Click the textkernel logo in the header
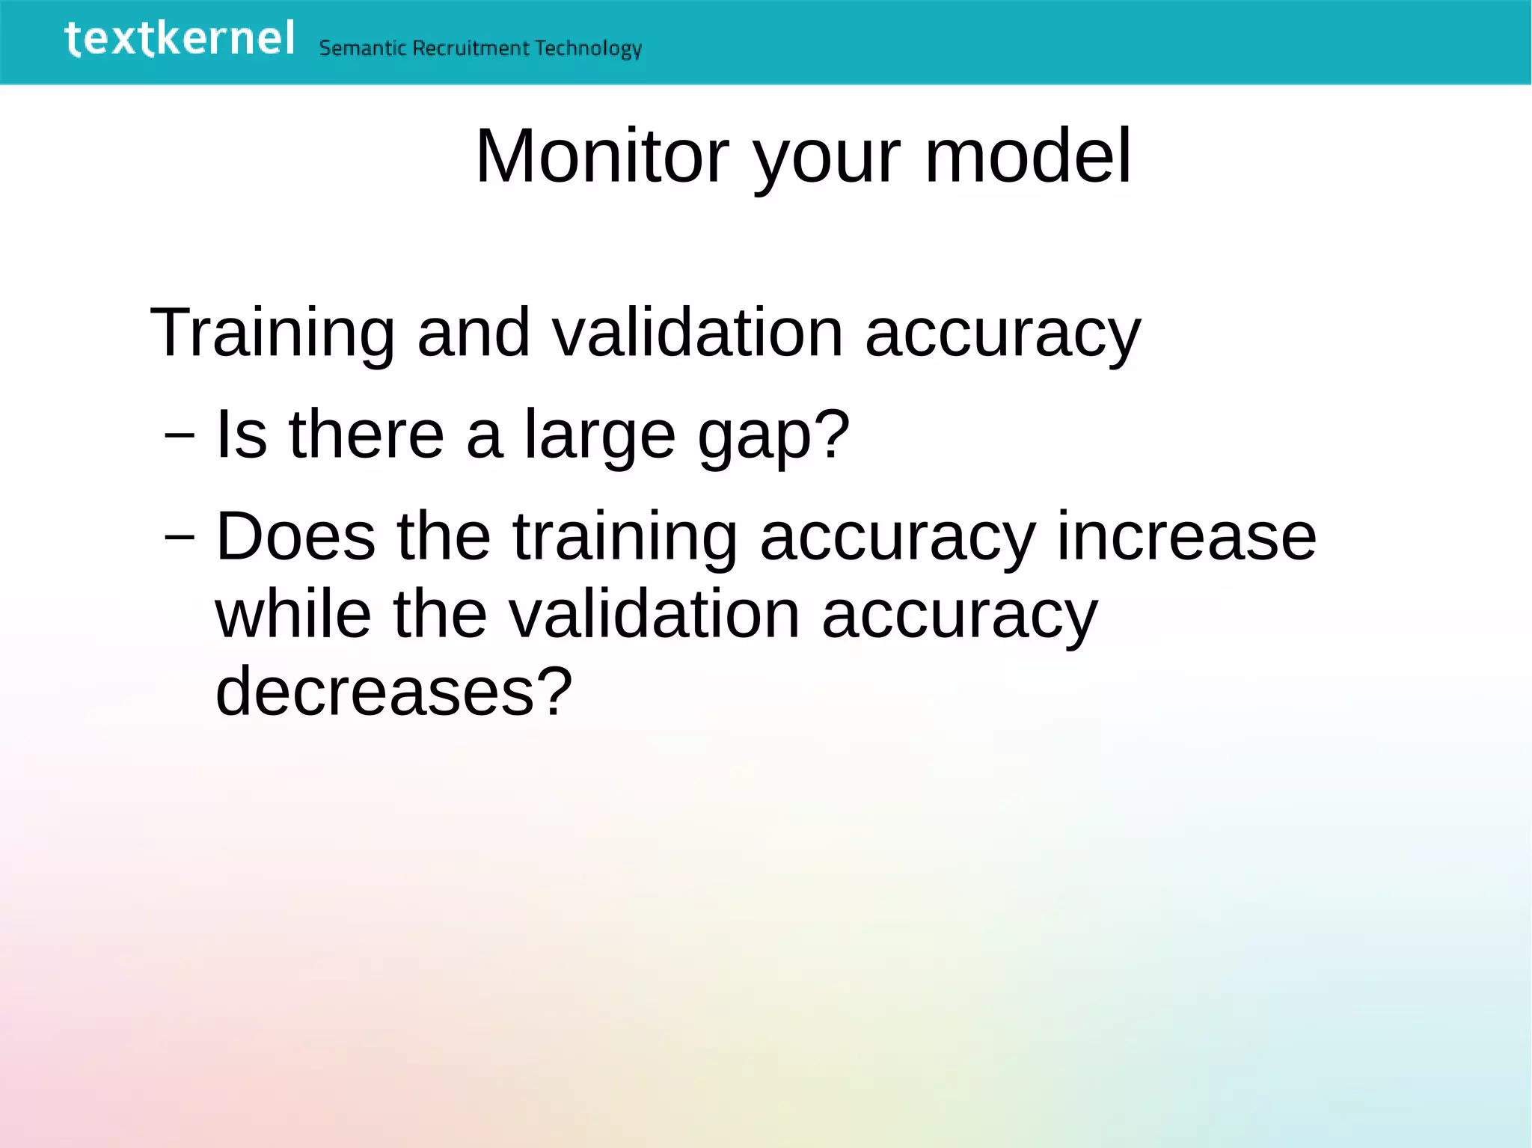pyautogui.click(x=180, y=39)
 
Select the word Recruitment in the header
pyautogui.click(x=471, y=49)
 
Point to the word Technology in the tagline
pyautogui.click(x=589, y=49)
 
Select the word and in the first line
pyautogui.click(x=474, y=332)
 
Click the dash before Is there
pyautogui.click(x=180, y=435)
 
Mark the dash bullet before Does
pyautogui.click(x=180, y=536)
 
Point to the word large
pyautogui.click(x=599, y=436)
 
